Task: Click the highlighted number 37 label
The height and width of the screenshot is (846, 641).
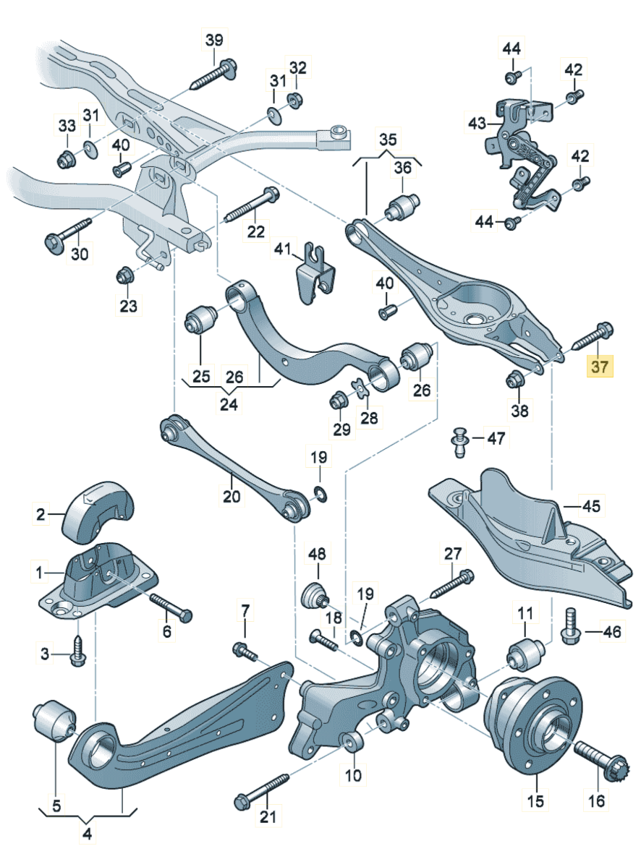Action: tap(600, 367)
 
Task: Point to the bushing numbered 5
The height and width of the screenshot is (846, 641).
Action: tap(53, 719)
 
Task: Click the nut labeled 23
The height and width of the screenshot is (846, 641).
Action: tap(125, 275)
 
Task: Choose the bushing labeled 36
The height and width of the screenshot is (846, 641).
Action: tap(402, 206)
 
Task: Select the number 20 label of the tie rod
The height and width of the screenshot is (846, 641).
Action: tap(230, 497)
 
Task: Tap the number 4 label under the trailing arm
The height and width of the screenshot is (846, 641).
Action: tap(87, 834)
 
